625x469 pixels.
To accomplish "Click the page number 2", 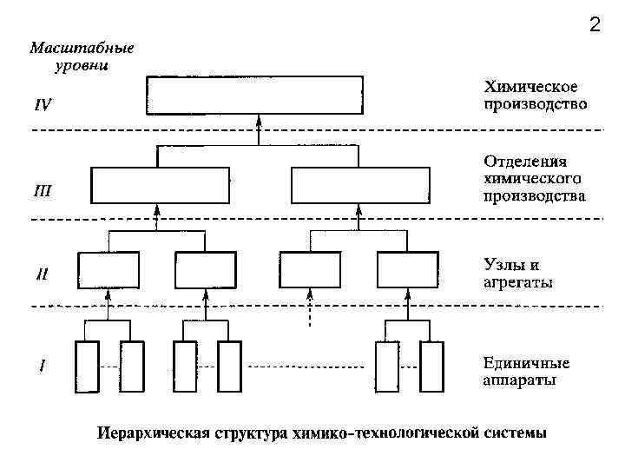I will pyautogui.click(x=595, y=25).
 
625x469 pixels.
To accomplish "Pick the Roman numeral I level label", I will pyautogui.click(x=42, y=366).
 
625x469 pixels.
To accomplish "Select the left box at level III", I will pyautogui.click(x=161, y=184).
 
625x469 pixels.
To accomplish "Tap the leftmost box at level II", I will pyautogui.click(x=109, y=269).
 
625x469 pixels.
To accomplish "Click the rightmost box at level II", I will pyautogui.click(x=407, y=269).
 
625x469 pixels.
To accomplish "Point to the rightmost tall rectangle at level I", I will pyautogui.click(x=431, y=367).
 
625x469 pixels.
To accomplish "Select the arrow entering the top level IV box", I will pyautogui.click(x=257, y=129).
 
